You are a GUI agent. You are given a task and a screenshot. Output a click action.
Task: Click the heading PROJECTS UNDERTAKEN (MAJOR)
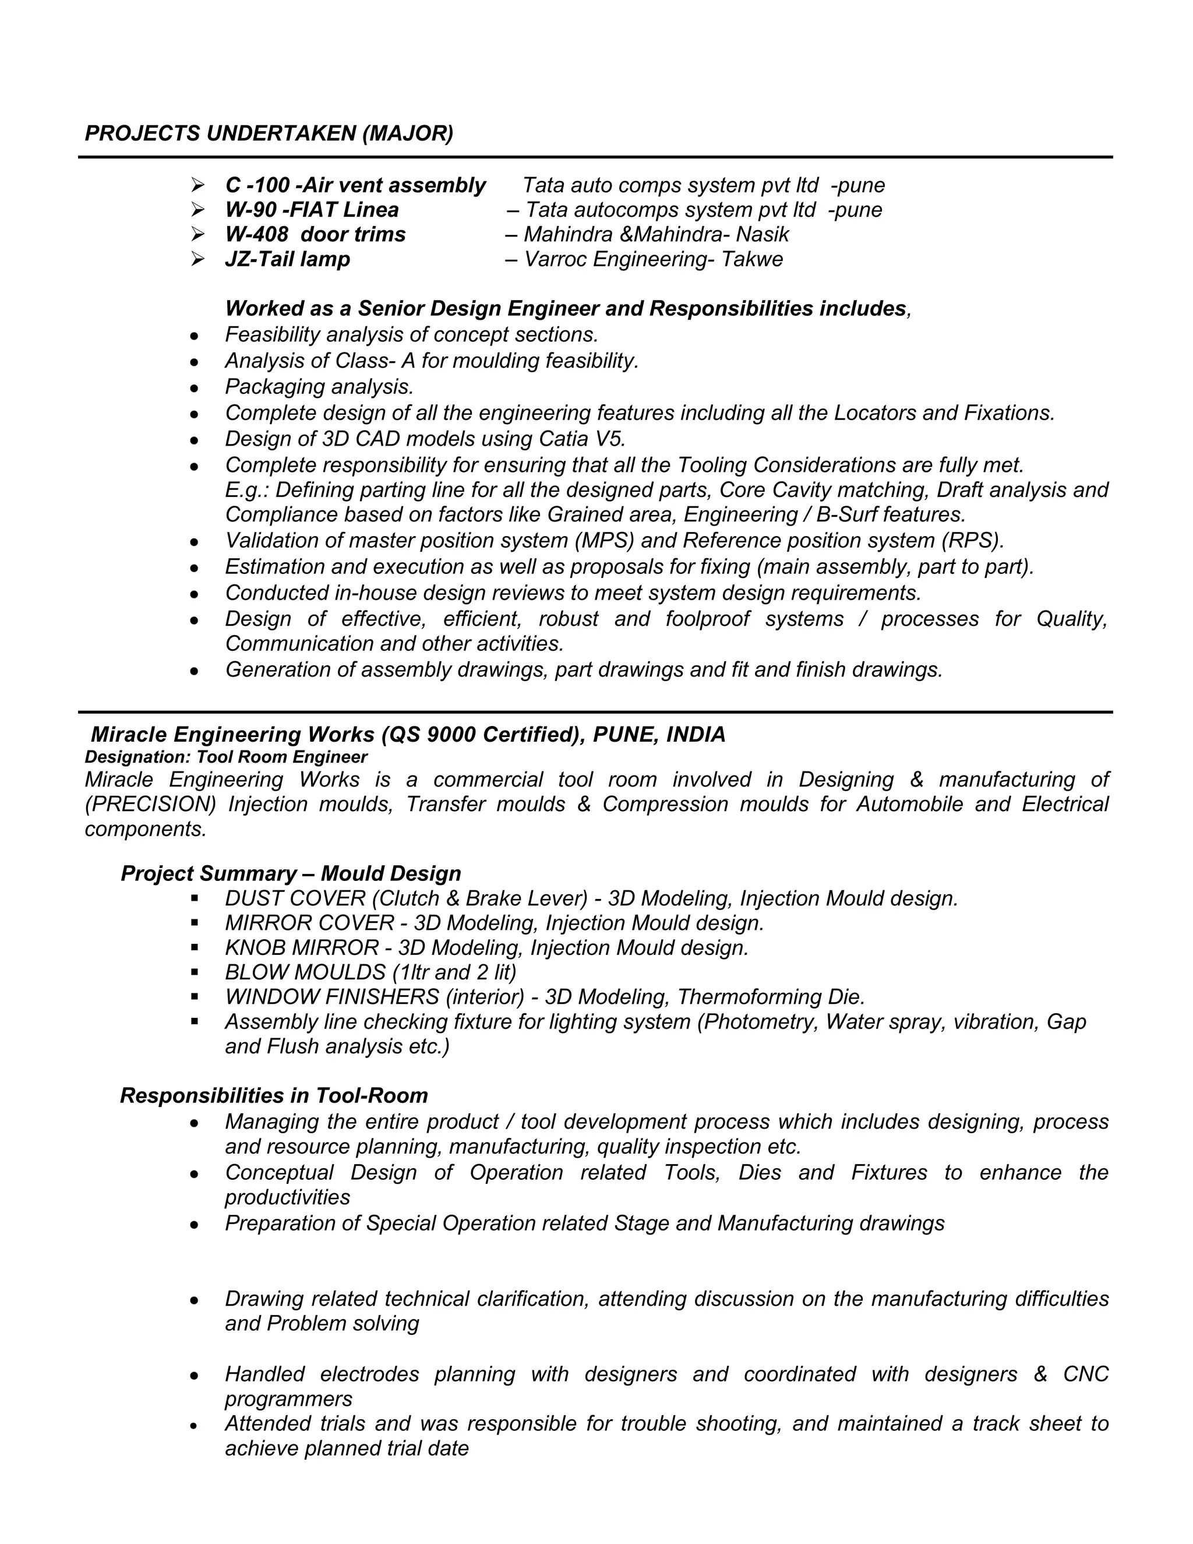point(269,133)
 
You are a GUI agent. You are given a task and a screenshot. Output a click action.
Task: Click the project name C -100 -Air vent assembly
point(355,185)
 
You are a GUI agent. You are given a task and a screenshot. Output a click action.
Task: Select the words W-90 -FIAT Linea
point(312,210)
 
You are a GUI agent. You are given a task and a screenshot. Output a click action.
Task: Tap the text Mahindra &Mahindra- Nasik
point(656,235)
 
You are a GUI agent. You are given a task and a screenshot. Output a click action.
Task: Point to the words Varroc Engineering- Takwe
point(653,259)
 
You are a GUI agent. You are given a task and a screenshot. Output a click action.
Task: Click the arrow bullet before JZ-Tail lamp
point(197,259)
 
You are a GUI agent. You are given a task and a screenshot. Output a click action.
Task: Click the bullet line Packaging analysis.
point(319,387)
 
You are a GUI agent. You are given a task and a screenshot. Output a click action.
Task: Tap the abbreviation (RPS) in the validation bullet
point(972,541)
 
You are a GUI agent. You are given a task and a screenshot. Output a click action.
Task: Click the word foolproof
point(707,619)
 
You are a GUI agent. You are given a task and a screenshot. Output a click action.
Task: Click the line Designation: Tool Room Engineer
point(225,757)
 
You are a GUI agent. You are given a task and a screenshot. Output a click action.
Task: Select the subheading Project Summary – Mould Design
point(291,874)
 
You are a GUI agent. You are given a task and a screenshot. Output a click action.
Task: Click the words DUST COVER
point(295,898)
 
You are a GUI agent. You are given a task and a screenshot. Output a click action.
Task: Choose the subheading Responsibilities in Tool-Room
point(274,1096)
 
